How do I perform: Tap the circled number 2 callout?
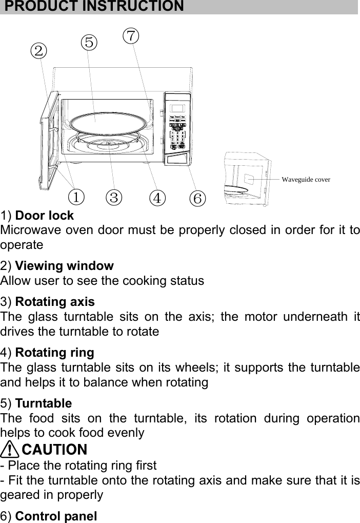click(38, 50)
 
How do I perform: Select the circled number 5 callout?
click(89, 42)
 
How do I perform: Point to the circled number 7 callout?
click(131, 36)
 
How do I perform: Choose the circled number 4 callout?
click(157, 197)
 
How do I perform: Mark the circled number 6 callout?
click(197, 197)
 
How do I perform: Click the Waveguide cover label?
click(306, 180)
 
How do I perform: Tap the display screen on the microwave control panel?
click(177, 109)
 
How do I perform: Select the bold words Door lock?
click(45, 216)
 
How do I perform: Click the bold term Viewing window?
click(65, 266)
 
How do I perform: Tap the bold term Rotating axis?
click(55, 302)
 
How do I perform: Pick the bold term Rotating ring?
click(55, 353)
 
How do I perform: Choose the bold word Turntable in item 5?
click(44, 403)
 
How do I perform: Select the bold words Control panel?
click(56, 515)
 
